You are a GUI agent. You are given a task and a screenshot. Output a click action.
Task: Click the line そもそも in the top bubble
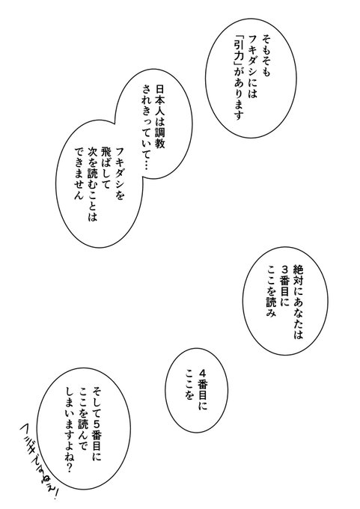coord(266,55)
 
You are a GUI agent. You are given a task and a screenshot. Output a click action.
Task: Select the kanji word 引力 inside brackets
coord(238,55)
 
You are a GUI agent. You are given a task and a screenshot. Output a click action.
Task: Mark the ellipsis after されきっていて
coord(146,165)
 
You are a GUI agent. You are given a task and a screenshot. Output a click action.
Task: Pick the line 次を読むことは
coord(93,184)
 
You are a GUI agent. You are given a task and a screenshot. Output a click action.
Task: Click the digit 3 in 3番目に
coord(285,269)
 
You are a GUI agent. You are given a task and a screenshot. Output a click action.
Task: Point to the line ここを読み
coord(271,291)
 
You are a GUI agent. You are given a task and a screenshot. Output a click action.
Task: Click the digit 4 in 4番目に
coord(204,373)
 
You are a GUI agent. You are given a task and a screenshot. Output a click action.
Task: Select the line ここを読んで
coord(83,418)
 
